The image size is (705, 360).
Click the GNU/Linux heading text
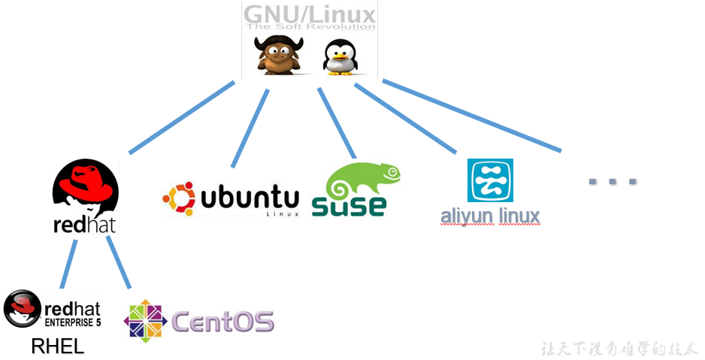pos(310,13)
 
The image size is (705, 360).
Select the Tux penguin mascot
pos(339,57)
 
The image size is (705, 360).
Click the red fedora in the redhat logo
pos(85,189)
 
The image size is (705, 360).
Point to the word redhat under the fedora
pos(85,225)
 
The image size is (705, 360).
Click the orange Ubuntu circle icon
pos(179,199)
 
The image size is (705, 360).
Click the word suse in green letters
pos(349,204)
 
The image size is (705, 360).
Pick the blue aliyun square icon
pos(490,180)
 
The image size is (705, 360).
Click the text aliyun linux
pos(490,216)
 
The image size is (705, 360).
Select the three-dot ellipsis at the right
pos(613,181)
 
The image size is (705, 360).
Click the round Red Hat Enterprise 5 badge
pos(22,309)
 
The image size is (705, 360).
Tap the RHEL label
pos(58,346)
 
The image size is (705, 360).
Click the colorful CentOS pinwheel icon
pos(146,319)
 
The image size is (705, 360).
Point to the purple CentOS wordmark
pos(222,321)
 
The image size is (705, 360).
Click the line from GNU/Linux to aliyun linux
pos(406,119)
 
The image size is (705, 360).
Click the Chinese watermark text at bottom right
pos(619,349)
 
